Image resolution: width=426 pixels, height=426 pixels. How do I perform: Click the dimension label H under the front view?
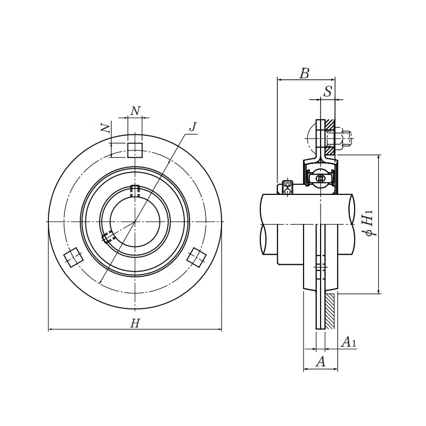135,323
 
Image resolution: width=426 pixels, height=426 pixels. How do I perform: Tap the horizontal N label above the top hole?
136,110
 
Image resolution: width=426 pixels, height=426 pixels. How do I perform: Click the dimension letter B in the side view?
304,73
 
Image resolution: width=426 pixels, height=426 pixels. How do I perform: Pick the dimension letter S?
328,92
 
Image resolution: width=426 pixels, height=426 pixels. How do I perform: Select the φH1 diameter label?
367,223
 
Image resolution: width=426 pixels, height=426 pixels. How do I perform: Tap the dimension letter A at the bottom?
321,362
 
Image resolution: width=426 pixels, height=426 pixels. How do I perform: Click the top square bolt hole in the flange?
135,150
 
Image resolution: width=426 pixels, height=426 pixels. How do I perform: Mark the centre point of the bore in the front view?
135,221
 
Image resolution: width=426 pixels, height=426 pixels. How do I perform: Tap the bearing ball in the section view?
320,178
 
